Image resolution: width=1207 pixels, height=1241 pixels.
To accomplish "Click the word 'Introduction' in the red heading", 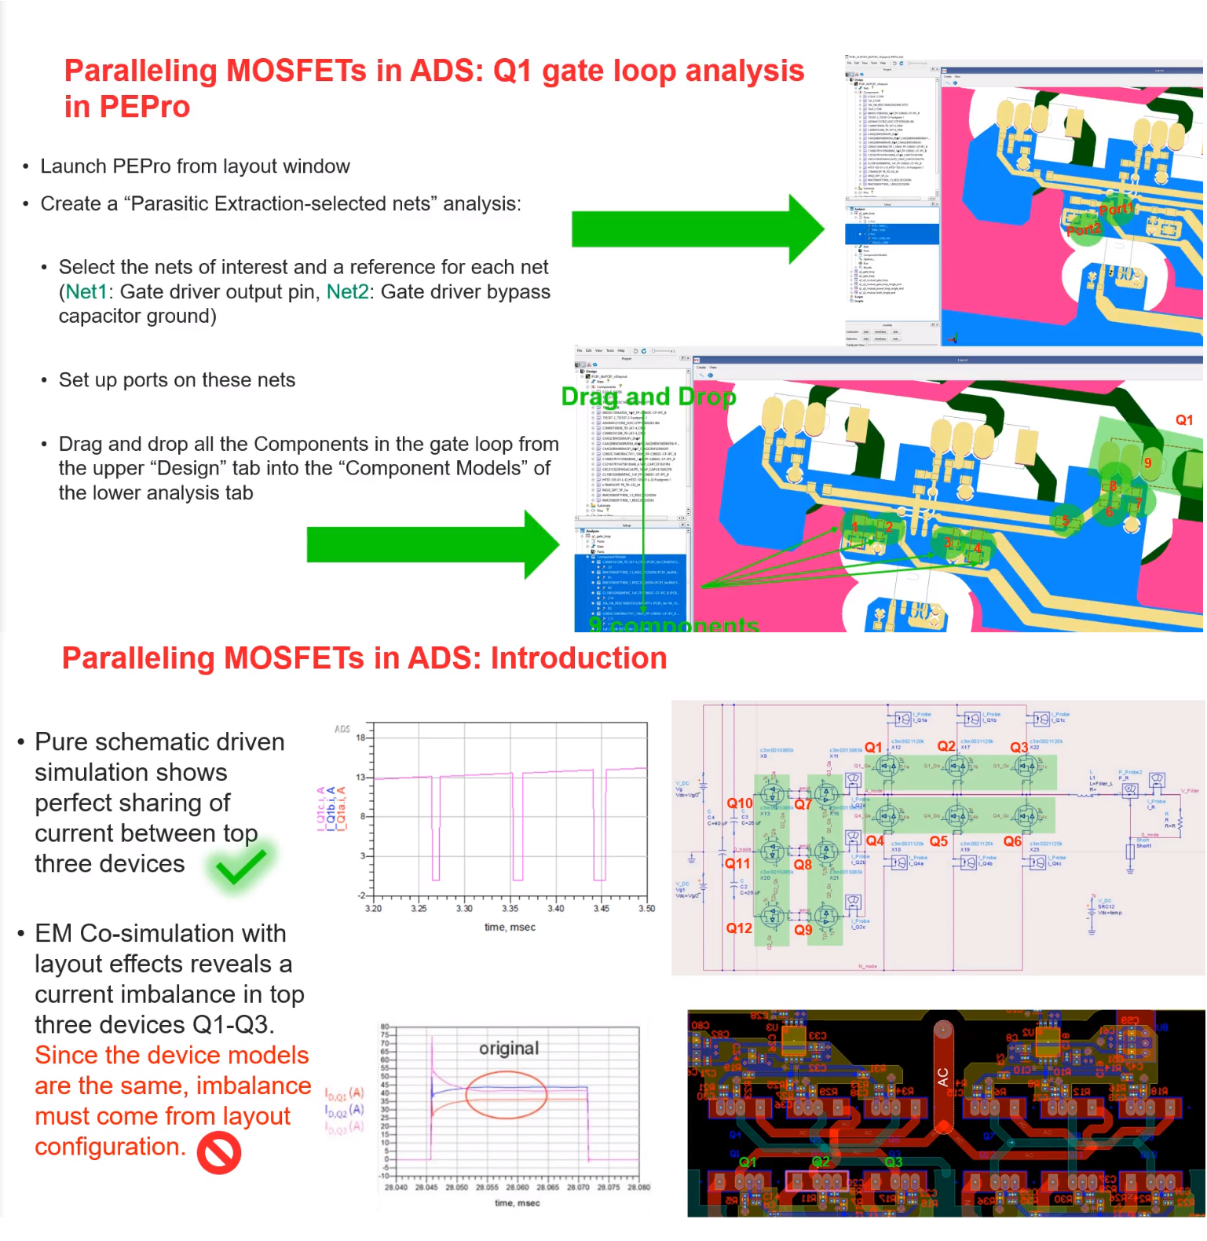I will click(579, 658).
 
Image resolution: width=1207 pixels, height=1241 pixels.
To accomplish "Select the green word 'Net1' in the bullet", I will click(86, 292).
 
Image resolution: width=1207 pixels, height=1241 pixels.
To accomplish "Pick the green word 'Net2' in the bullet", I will click(347, 292).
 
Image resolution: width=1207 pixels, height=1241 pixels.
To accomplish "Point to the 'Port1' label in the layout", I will click(1116, 209).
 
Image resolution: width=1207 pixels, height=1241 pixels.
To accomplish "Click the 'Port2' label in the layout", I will click(1084, 229).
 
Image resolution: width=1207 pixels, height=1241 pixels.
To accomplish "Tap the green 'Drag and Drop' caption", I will click(649, 397).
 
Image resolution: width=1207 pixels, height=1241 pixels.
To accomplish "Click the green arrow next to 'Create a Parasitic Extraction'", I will click(697, 229).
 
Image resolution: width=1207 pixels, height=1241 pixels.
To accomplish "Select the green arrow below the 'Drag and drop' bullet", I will click(432, 544).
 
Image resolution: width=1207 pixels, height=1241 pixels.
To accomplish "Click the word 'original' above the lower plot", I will click(509, 1049).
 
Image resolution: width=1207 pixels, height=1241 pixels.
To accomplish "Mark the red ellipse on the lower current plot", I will click(506, 1093).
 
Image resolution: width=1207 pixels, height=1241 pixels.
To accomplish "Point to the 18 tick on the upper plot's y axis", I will click(361, 738).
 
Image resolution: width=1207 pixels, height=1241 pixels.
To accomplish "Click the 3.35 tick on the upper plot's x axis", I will click(510, 909).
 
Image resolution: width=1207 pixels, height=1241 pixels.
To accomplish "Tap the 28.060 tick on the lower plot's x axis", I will click(518, 1188).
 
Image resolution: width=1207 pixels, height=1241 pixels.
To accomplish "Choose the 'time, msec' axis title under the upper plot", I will click(510, 928).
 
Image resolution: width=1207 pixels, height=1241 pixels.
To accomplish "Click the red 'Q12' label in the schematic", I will click(739, 928).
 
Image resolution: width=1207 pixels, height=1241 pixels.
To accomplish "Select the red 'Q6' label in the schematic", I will click(1012, 841).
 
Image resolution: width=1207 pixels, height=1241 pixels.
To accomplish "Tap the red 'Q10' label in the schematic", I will click(739, 803).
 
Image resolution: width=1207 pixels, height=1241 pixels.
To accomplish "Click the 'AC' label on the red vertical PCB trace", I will click(942, 1077).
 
